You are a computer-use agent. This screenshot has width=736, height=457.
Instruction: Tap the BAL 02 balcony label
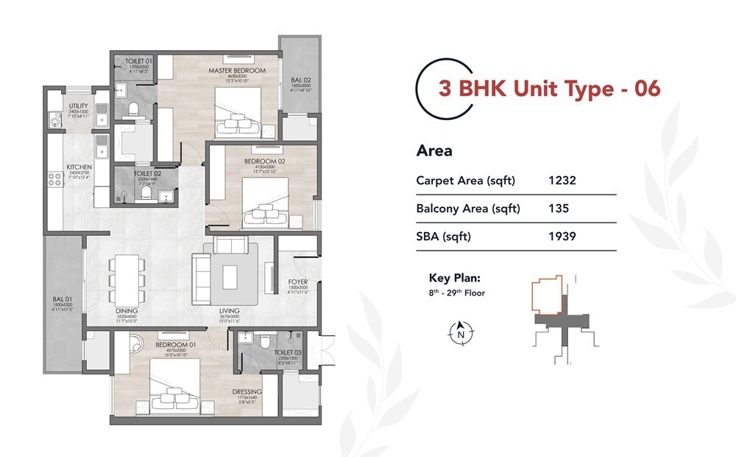[296, 79]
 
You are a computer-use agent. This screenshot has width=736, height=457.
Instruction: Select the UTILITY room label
[79, 106]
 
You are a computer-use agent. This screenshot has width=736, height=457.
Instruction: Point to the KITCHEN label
[79, 167]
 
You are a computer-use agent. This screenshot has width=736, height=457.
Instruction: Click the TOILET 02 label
[144, 174]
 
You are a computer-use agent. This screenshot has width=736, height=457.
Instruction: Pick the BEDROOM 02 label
[260, 161]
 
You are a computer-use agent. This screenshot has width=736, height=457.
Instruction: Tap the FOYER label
[298, 282]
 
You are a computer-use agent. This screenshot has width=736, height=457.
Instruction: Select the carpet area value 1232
[562, 180]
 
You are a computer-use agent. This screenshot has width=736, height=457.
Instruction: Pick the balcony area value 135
[558, 209]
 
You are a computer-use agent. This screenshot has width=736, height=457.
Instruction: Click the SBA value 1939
[562, 237]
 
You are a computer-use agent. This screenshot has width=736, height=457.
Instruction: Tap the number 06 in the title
[645, 88]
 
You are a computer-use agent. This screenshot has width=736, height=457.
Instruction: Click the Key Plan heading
[455, 279]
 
